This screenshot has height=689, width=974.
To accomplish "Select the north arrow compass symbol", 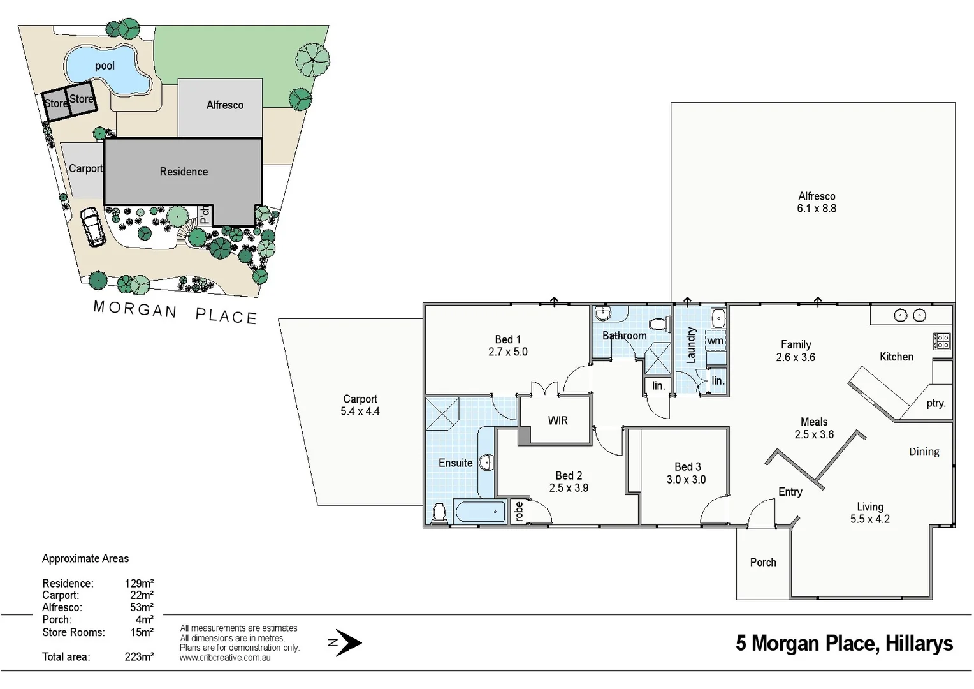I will (x=345, y=642).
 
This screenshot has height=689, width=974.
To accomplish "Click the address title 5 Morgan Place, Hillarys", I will (x=844, y=643).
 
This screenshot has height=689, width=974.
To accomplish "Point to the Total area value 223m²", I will (x=139, y=656).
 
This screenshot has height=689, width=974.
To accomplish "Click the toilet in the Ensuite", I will (x=439, y=512).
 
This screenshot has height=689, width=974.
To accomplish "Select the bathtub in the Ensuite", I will (x=481, y=512).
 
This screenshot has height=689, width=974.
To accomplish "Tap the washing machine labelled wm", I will (x=715, y=341).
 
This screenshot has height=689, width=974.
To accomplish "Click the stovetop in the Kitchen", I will (x=942, y=341).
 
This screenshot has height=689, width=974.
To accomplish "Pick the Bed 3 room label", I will (x=687, y=467).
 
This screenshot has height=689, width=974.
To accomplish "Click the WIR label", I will (x=558, y=420).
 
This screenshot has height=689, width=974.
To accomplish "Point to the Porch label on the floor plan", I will (x=763, y=562).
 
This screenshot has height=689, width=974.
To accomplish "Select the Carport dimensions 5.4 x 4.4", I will (x=360, y=411).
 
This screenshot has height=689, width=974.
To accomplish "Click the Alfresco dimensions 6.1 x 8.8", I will (x=817, y=209).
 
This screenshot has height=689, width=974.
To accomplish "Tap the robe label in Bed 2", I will (x=520, y=512).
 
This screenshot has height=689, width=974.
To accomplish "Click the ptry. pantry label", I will (x=936, y=403).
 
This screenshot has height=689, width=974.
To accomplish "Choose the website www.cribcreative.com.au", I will (x=225, y=658).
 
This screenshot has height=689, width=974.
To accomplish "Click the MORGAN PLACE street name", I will (x=175, y=313).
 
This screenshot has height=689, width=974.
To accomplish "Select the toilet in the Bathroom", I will (x=659, y=325).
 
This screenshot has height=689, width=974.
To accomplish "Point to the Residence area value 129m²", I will (x=139, y=583).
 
